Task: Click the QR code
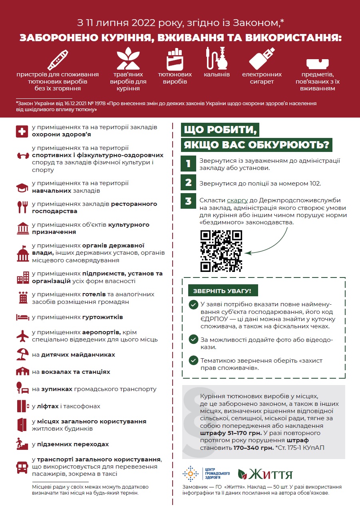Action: coord(221,251)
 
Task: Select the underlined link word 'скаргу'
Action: coord(237,200)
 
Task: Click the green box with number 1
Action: coord(188,164)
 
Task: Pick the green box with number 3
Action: coord(188,201)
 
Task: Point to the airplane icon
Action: coord(22,335)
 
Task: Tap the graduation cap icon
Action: coord(22,187)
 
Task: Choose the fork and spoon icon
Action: coord(22,206)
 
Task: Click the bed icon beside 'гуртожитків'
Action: coord(22,317)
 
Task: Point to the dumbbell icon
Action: coord(22,155)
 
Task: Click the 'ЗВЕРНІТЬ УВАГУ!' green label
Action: coord(223,291)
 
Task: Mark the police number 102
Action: coord(315,184)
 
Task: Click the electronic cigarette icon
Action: coord(262,58)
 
